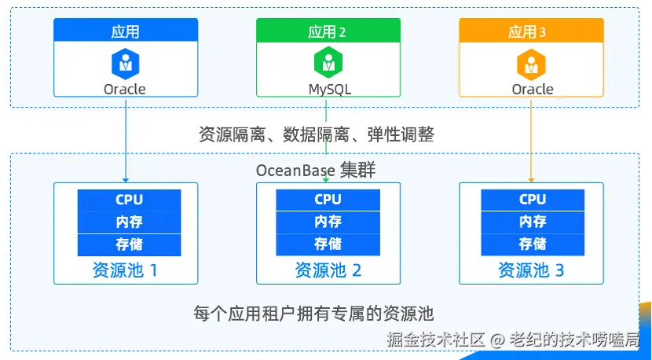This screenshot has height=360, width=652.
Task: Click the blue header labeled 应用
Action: [126, 31]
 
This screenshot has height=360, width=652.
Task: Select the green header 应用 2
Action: [328, 31]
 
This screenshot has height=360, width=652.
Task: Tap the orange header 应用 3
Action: [531, 31]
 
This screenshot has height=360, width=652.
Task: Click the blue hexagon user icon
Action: [125, 63]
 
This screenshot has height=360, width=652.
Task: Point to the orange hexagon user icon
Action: [530, 63]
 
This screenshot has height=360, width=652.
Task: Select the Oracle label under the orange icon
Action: [533, 90]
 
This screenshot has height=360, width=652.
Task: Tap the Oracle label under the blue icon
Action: [125, 90]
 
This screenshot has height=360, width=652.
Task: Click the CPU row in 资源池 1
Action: [129, 200]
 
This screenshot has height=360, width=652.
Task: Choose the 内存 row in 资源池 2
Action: [328, 222]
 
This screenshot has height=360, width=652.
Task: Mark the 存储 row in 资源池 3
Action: [533, 244]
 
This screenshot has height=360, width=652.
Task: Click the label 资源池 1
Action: [125, 270]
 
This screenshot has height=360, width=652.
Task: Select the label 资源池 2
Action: [328, 270]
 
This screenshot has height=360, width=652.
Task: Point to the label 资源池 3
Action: [531, 270]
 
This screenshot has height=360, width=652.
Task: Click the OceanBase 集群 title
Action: [316, 171]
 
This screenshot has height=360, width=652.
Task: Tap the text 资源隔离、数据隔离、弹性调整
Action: [316, 135]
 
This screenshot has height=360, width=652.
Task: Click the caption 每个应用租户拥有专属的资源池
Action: [313, 314]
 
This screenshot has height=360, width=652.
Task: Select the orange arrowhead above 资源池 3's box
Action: [531, 180]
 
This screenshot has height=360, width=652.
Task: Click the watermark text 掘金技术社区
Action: [436, 340]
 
